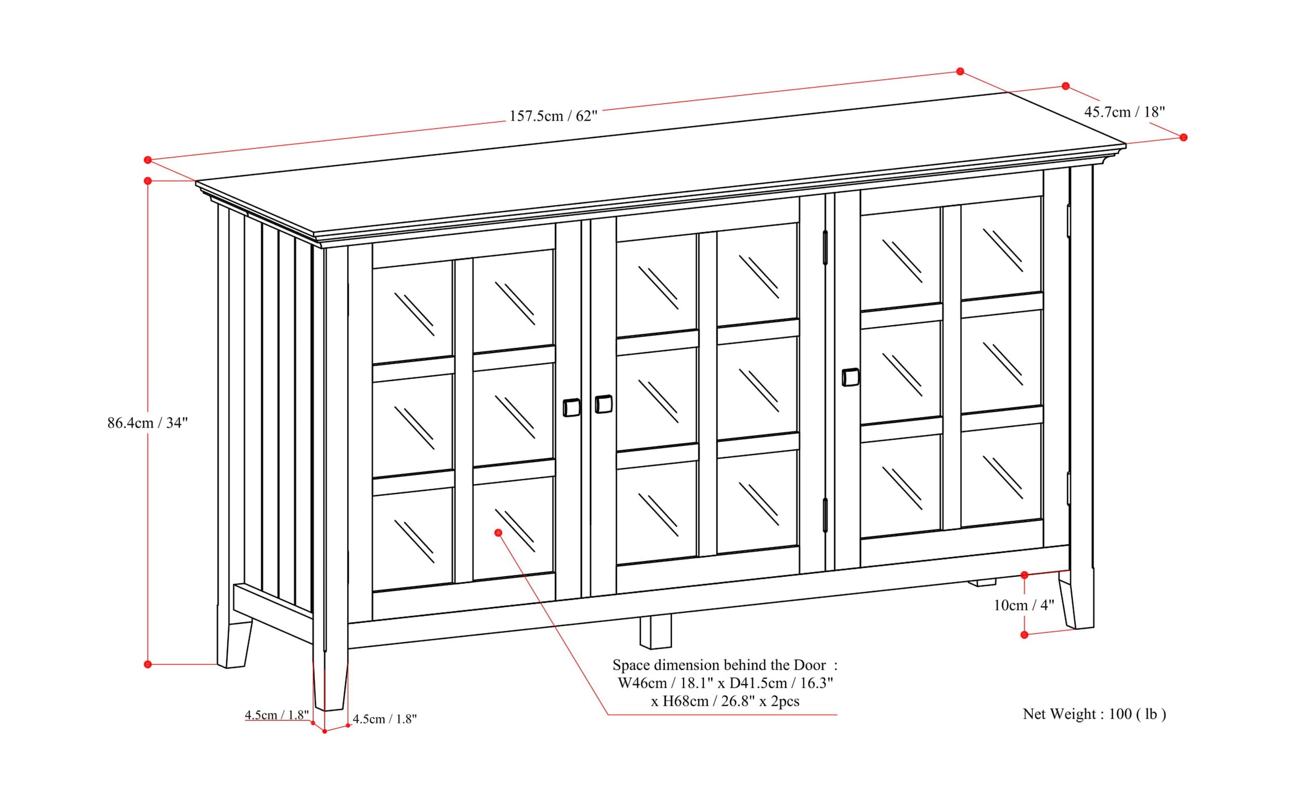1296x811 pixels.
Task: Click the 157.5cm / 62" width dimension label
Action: pyautogui.click(x=553, y=116)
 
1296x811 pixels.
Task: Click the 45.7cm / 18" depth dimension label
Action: pyautogui.click(x=1124, y=112)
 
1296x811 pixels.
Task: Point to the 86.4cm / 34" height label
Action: pyautogui.click(x=148, y=422)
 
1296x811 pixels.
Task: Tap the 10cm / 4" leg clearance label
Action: pyautogui.click(x=1023, y=605)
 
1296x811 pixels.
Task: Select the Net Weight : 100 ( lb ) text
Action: pyautogui.click(x=1093, y=714)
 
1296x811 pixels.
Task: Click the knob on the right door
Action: pyautogui.click(x=850, y=377)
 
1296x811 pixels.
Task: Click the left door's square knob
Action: pyautogui.click(x=572, y=408)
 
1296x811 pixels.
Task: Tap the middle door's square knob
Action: pyautogui.click(x=604, y=404)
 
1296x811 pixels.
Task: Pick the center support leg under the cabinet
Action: pyautogui.click(x=655, y=632)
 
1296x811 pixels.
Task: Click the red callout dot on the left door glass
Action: pyautogui.click(x=498, y=533)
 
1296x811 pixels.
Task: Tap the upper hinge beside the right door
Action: pyautogui.click(x=825, y=247)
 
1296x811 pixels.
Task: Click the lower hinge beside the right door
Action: pyautogui.click(x=825, y=515)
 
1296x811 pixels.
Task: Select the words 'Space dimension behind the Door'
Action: pyautogui.click(x=719, y=665)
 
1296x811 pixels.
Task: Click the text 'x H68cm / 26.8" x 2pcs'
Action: pyautogui.click(x=724, y=701)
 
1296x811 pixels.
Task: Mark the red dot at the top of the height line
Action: pyautogui.click(x=148, y=181)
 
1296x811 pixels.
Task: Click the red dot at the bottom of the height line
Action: pyautogui.click(x=148, y=664)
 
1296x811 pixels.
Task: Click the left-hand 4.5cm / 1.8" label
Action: pyautogui.click(x=276, y=715)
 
